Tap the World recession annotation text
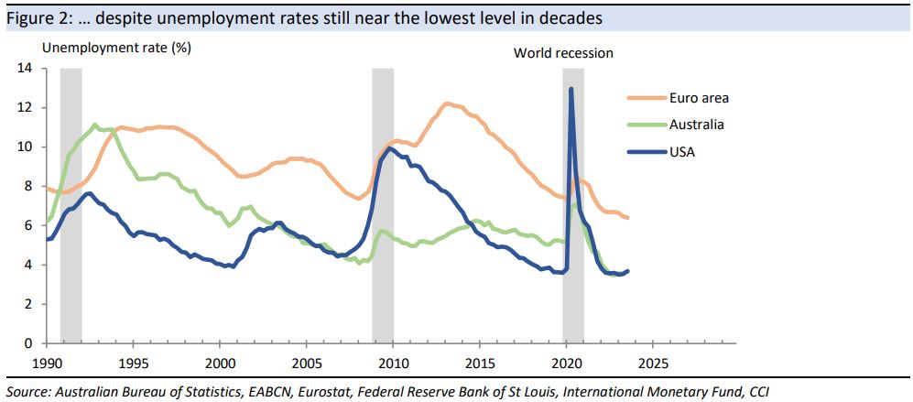pos(563,53)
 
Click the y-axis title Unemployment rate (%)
pos(117,46)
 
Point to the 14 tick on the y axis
pos(25,69)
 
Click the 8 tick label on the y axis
pos(28,186)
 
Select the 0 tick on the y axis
pos(28,343)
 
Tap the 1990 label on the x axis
pos(48,362)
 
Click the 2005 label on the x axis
pos(306,362)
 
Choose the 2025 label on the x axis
pos(652,362)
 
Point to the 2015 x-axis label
pos(479,362)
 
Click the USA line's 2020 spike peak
pos(571,90)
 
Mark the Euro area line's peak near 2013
pos(447,103)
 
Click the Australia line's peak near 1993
pos(94,125)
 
